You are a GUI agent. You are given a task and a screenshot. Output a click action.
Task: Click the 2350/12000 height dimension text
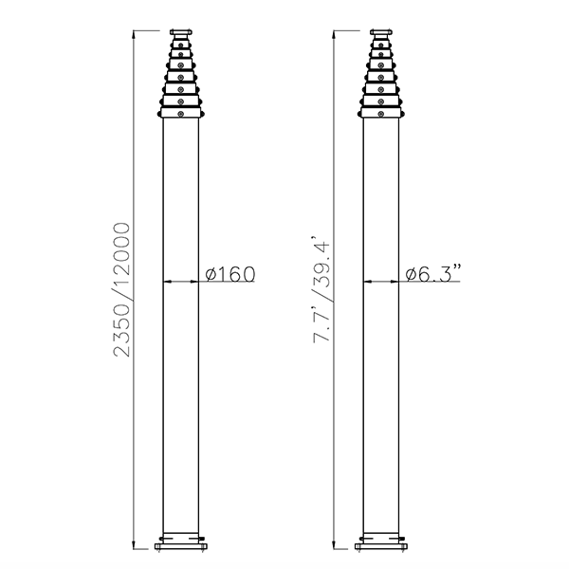click(x=121, y=289)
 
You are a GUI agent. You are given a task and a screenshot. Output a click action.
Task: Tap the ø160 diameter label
click(x=230, y=274)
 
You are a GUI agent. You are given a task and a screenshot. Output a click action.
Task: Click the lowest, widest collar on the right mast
click(x=380, y=114)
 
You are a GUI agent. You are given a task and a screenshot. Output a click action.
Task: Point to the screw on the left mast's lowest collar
click(x=180, y=114)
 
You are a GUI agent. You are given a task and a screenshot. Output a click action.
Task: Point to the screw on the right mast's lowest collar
click(x=380, y=114)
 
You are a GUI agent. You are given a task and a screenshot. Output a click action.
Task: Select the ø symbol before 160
click(x=211, y=274)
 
